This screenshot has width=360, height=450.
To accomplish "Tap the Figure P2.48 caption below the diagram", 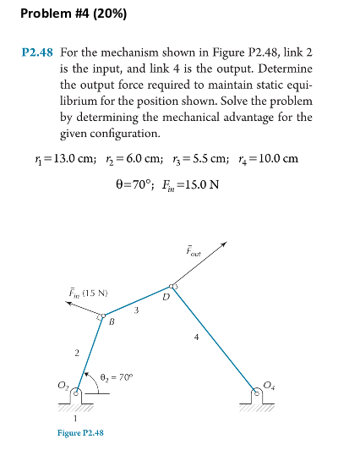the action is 80,432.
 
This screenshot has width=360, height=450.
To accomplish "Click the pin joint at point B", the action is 101,318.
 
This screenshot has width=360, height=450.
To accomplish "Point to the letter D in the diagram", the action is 167,298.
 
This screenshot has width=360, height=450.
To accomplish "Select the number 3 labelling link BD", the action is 137,314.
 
